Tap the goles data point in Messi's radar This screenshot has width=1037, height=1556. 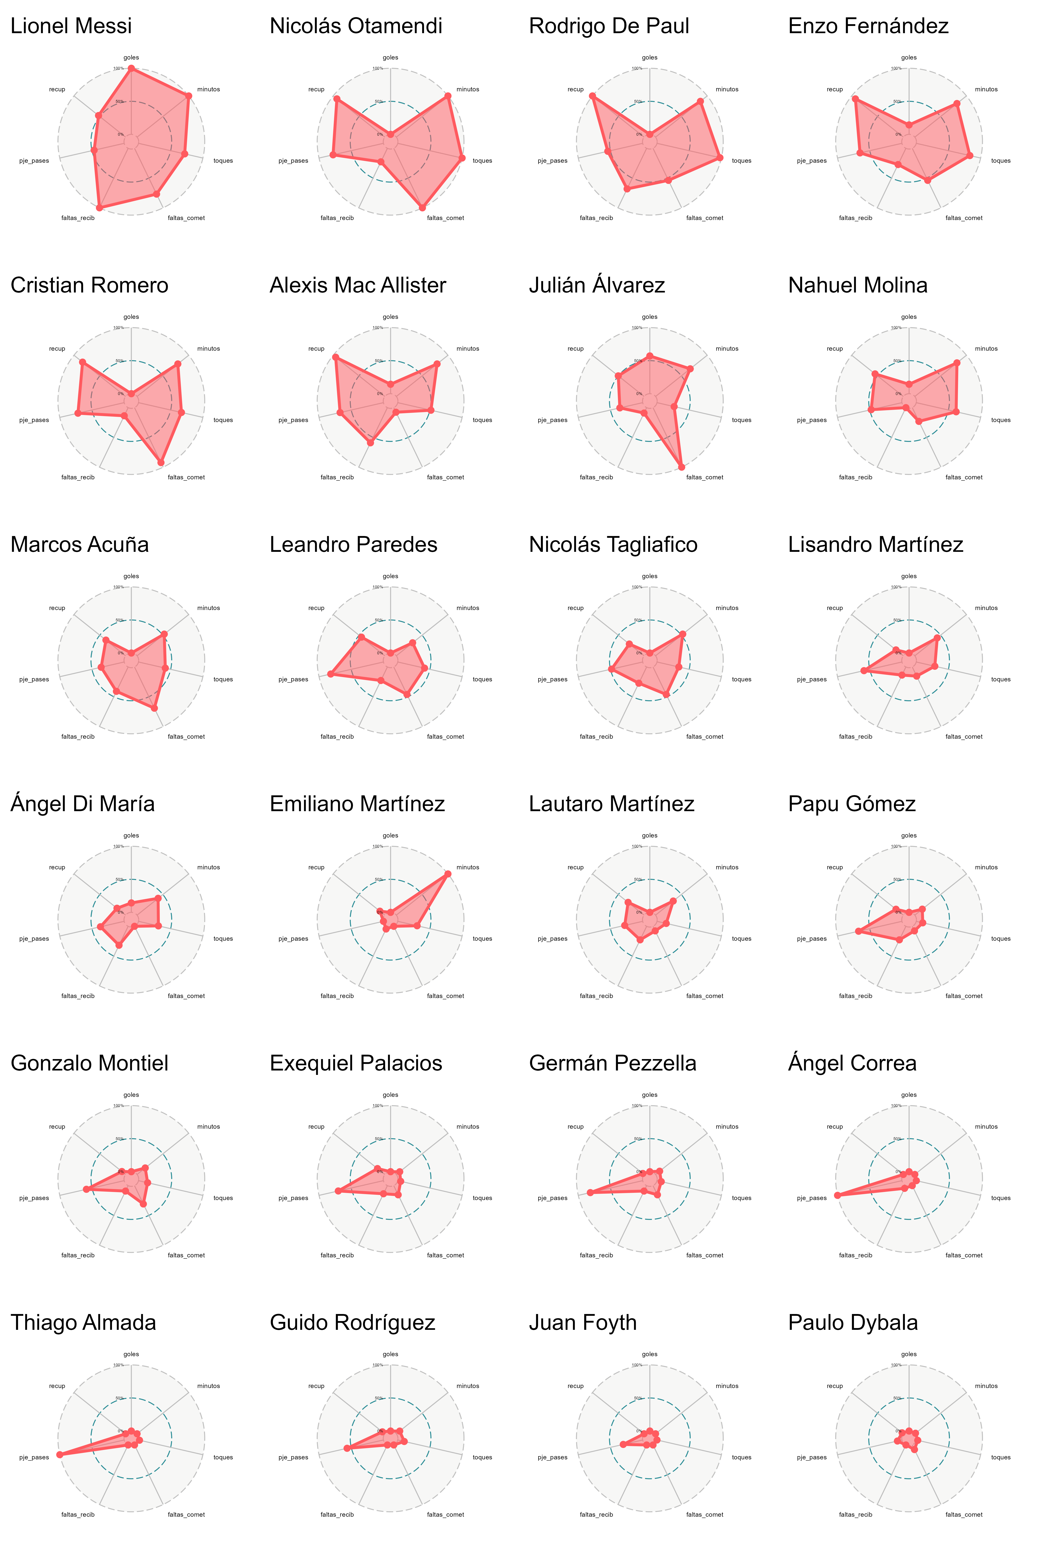pyautogui.click(x=131, y=69)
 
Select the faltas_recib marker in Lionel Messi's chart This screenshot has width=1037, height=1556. pyautogui.click(x=99, y=208)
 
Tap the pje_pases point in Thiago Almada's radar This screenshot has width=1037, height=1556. pyautogui.click(x=59, y=1454)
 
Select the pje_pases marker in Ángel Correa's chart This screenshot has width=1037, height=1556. pyautogui.click(x=837, y=1195)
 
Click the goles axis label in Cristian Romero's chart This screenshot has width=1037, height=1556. pyautogui.click(x=131, y=317)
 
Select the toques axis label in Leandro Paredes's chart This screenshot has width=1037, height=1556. pyautogui.click(x=482, y=679)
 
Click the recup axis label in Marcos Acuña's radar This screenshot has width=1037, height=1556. pyautogui.click(x=57, y=608)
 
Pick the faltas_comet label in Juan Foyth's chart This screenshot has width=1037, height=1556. pyautogui.click(x=704, y=1514)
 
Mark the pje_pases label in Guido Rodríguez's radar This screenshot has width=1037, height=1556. pyautogui.click(x=293, y=1457)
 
